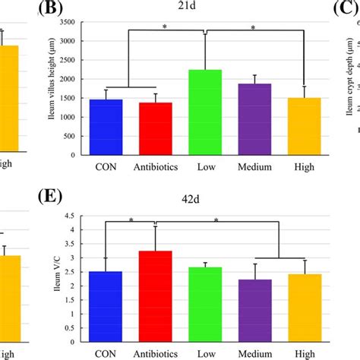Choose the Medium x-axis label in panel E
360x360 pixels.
coord(255,355)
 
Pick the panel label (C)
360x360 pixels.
coord(346,10)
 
